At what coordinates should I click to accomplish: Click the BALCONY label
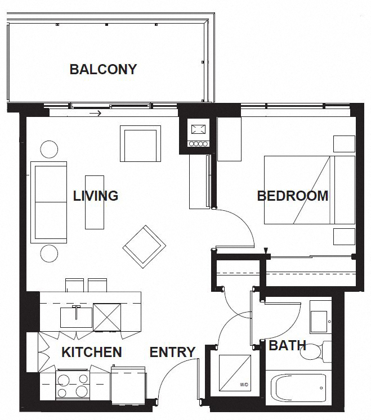point(103,70)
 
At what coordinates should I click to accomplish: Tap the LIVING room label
point(96,196)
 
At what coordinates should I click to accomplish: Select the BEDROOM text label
point(292,196)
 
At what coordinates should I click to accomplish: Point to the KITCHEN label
point(91,353)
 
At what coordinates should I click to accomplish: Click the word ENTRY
point(172,353)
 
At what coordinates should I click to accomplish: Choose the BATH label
point(287,345)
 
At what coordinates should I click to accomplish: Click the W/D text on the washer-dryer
point(243,386)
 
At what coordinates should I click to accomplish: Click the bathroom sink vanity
point(321,318)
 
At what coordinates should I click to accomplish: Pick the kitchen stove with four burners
point(73,385)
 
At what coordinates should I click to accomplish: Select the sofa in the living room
point(48,201)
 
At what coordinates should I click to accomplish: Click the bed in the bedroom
point(310,189)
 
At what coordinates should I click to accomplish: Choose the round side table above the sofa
point(49,149)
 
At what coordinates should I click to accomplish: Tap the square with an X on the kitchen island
point(107,317)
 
